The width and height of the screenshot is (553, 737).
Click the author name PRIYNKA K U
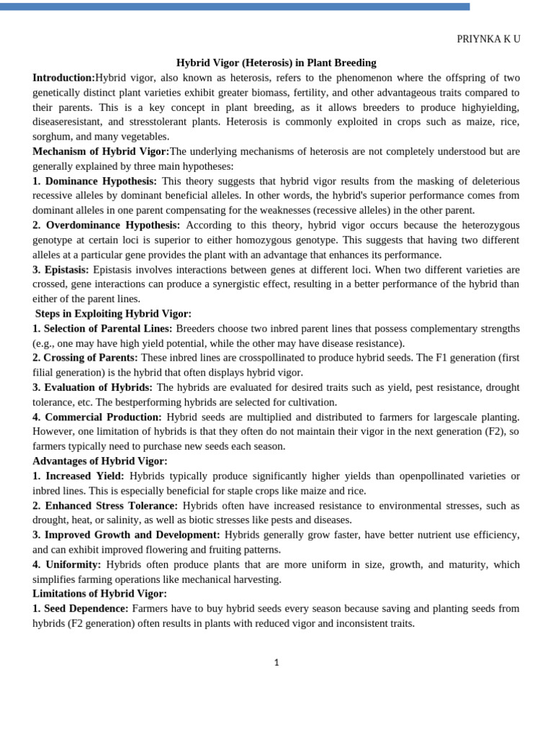point(487,40)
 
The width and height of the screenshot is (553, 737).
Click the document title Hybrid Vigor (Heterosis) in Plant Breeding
point(276,63)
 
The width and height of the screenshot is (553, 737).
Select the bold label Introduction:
point(63,78)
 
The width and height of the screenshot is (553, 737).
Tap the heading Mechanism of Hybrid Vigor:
point(101,151)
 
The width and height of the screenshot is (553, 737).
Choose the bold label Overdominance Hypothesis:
point(112,225)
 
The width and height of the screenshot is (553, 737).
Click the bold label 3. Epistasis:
point(60,269)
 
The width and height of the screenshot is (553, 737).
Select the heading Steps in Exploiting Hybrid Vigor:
point(113,314)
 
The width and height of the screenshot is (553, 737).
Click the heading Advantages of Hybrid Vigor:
point(99,461)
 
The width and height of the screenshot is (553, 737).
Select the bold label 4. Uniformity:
point(67,564)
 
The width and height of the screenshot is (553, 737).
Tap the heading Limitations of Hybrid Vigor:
point(99,594)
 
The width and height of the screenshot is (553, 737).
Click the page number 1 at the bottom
point(276,663)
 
